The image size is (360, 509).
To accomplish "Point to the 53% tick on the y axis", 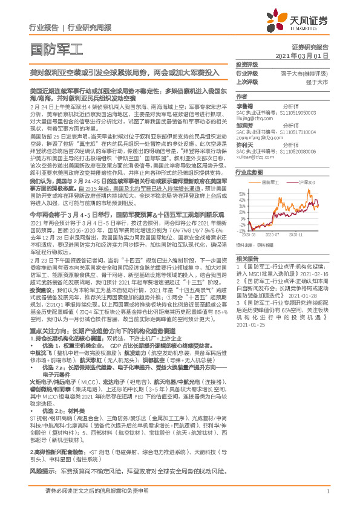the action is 241,193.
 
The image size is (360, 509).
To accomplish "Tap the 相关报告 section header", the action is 247,259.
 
